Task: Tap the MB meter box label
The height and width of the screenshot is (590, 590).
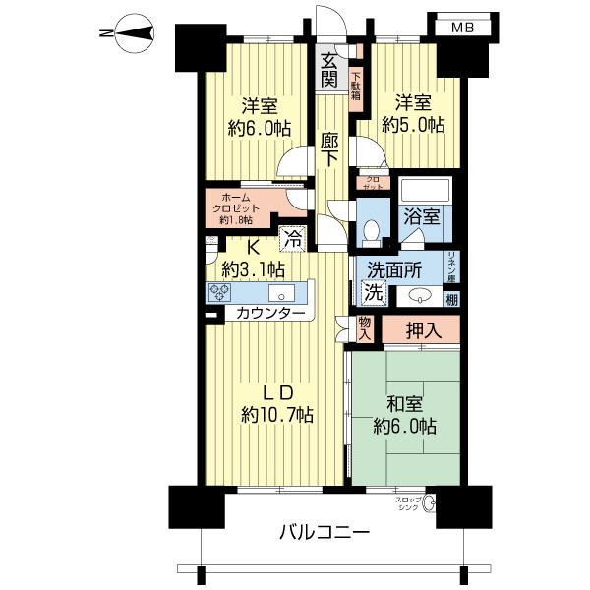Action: click(461, 28)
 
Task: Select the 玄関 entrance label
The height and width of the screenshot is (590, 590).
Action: click(328, 72)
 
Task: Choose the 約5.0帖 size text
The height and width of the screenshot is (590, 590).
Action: click(420, 125)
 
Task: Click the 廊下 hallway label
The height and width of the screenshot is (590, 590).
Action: click(329, 150)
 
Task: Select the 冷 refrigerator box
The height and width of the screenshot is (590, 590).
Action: click(292, 236)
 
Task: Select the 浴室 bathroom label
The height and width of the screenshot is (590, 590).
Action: click(421, 215)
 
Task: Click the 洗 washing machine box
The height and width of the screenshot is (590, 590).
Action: click(373, 290)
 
